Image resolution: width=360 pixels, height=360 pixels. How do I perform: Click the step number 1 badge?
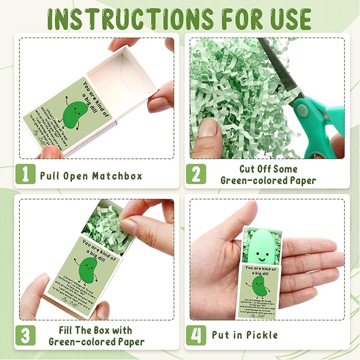[25, 174]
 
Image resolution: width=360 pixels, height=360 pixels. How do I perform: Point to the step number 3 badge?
[25, 335]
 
